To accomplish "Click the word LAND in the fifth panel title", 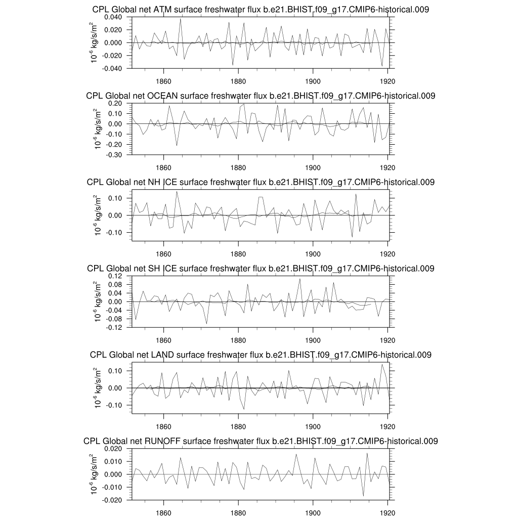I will [162, 355].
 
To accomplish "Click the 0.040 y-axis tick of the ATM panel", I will [114, 17].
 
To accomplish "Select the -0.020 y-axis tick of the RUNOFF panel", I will [114, 500].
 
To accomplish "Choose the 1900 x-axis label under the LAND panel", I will [313, 426].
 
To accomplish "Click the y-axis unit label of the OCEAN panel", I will [95, 128].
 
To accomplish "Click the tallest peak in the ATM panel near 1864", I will [180, 19].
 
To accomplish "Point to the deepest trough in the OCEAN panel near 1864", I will [177, 146].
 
